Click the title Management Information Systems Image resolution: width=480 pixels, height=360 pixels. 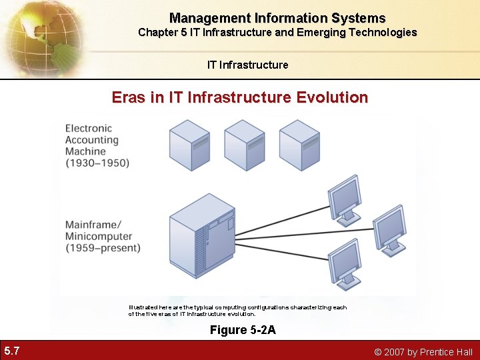point(277,18)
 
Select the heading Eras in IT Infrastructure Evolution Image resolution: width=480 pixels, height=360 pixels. point(240,97)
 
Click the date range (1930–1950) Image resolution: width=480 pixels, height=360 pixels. point(97,163)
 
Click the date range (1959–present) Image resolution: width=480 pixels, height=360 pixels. point(103,248)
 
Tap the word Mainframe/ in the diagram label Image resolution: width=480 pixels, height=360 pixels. point(93,224)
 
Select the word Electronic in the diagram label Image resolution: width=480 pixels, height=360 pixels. point(89,128)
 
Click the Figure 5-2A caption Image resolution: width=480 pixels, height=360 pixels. point(243,329)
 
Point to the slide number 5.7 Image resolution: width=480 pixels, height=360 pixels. point(11,351)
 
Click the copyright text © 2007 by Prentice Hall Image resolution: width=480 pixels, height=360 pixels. point(423,352)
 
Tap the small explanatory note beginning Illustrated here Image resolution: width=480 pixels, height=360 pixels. point(237,310)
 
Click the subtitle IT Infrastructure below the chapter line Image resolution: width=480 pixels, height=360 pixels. point(247,65)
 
